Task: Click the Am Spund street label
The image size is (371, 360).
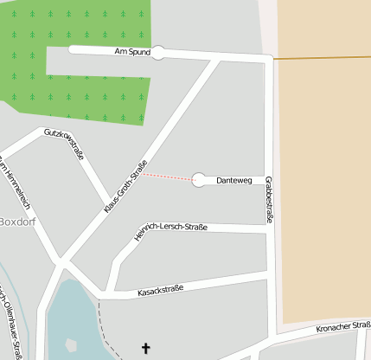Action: (132, 52)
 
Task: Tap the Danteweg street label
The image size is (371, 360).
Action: (233, 180)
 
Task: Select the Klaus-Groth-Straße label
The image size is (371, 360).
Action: (126, 186)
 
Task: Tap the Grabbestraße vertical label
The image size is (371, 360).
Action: (269, 200)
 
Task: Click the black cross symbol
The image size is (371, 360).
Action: (145, 349)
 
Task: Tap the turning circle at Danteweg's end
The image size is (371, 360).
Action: (200, 180)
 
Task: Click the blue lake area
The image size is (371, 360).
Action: (74, 325)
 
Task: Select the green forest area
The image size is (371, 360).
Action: (86, 87)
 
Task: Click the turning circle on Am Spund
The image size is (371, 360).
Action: (158, 53)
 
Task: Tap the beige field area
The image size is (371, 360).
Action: (324, 173)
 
